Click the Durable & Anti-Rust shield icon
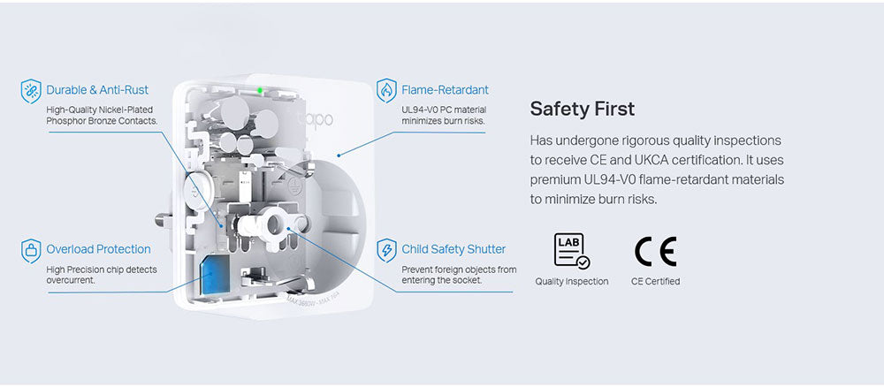coord(31,91)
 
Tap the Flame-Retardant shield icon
coord(386,91)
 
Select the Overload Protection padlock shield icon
coord(31,251)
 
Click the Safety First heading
coord(582,109)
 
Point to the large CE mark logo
coord(655,251)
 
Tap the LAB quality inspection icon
coord(572,251)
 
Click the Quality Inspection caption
coord(572,282)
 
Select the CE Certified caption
coord(655,282)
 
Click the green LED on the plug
coord(260,90)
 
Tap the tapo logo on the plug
coord(316,119)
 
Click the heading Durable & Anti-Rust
coord(97,90)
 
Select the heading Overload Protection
coord(99,249)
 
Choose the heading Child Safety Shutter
coord(453,249)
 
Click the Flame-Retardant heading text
coord(446,90)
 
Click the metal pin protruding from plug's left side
coord(163,218)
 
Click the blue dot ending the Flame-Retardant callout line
coord(339,155)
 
